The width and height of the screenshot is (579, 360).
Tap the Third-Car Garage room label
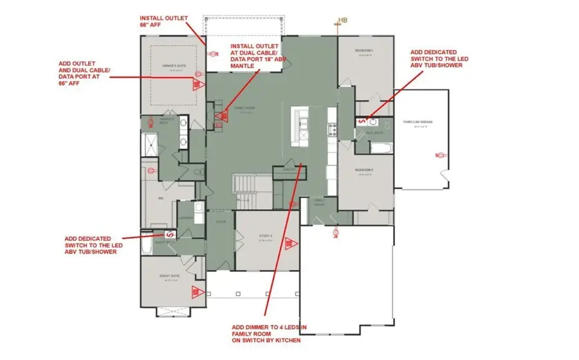pyautogui.click(x=416, y=122)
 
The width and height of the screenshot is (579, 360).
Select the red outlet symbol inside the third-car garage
pyautogui.click(x=441, y=154)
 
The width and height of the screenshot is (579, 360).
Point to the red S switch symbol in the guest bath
pyautogui.click(x=170, y=235)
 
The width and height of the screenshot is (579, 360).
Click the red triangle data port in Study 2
pyautogui.click(x=290, y=244)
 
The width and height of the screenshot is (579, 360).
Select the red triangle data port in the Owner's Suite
pyautogui.click(x=198, y=84)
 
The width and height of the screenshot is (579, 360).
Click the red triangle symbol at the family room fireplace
pyautogui.click(x=219, y=116)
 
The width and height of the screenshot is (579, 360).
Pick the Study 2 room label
pyautogui.click(x=266, y=237)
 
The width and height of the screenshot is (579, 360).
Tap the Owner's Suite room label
pyautogui.click(x=169, y=65)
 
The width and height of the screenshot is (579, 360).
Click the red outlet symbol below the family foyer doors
pyautogui.click(x=335, y=233)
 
